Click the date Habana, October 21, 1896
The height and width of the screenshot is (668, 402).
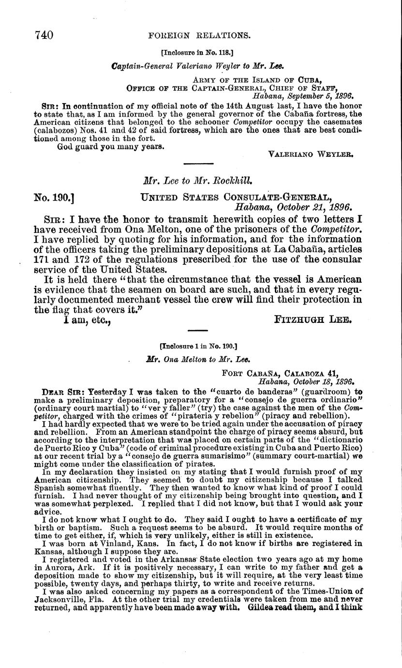(x=293, y=208)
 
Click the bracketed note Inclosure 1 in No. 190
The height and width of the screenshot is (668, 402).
(x=198, y=346)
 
